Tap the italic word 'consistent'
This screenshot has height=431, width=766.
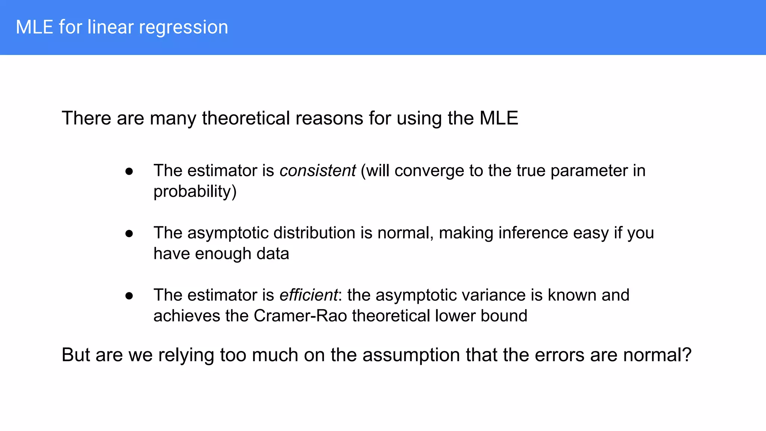point(318,171)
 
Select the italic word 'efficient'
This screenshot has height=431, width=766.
point(309,295)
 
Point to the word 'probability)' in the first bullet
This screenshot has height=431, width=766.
point(195,192)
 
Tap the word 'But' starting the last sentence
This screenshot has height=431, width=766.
point(76,355)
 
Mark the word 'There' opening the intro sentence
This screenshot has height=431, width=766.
point(86,118)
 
